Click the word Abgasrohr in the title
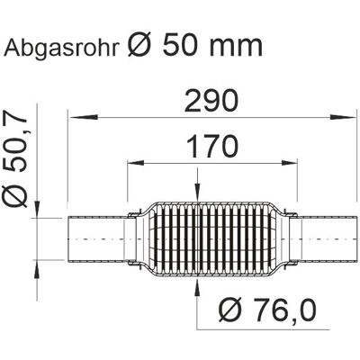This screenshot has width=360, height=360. (x=61, y=48)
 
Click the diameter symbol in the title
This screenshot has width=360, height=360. (x=139, y=45)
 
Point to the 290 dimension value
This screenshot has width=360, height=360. (x=211, y=101)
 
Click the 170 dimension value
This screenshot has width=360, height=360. (x=211, y=147)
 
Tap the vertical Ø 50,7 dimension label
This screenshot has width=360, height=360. (x=14, y=157)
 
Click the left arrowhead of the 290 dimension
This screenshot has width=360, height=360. (x=84, y=117)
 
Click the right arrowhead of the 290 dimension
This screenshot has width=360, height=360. (x=342, y=117)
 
